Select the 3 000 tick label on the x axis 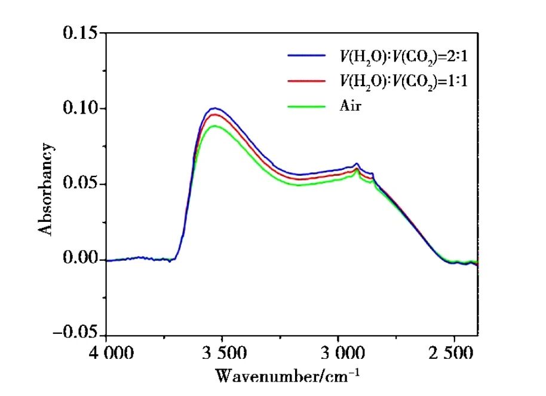[x=338, y=352]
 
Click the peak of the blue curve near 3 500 [x=214, y=108]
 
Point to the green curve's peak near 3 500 [x=214, y=126]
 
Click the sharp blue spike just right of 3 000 [x=357, y=163]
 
